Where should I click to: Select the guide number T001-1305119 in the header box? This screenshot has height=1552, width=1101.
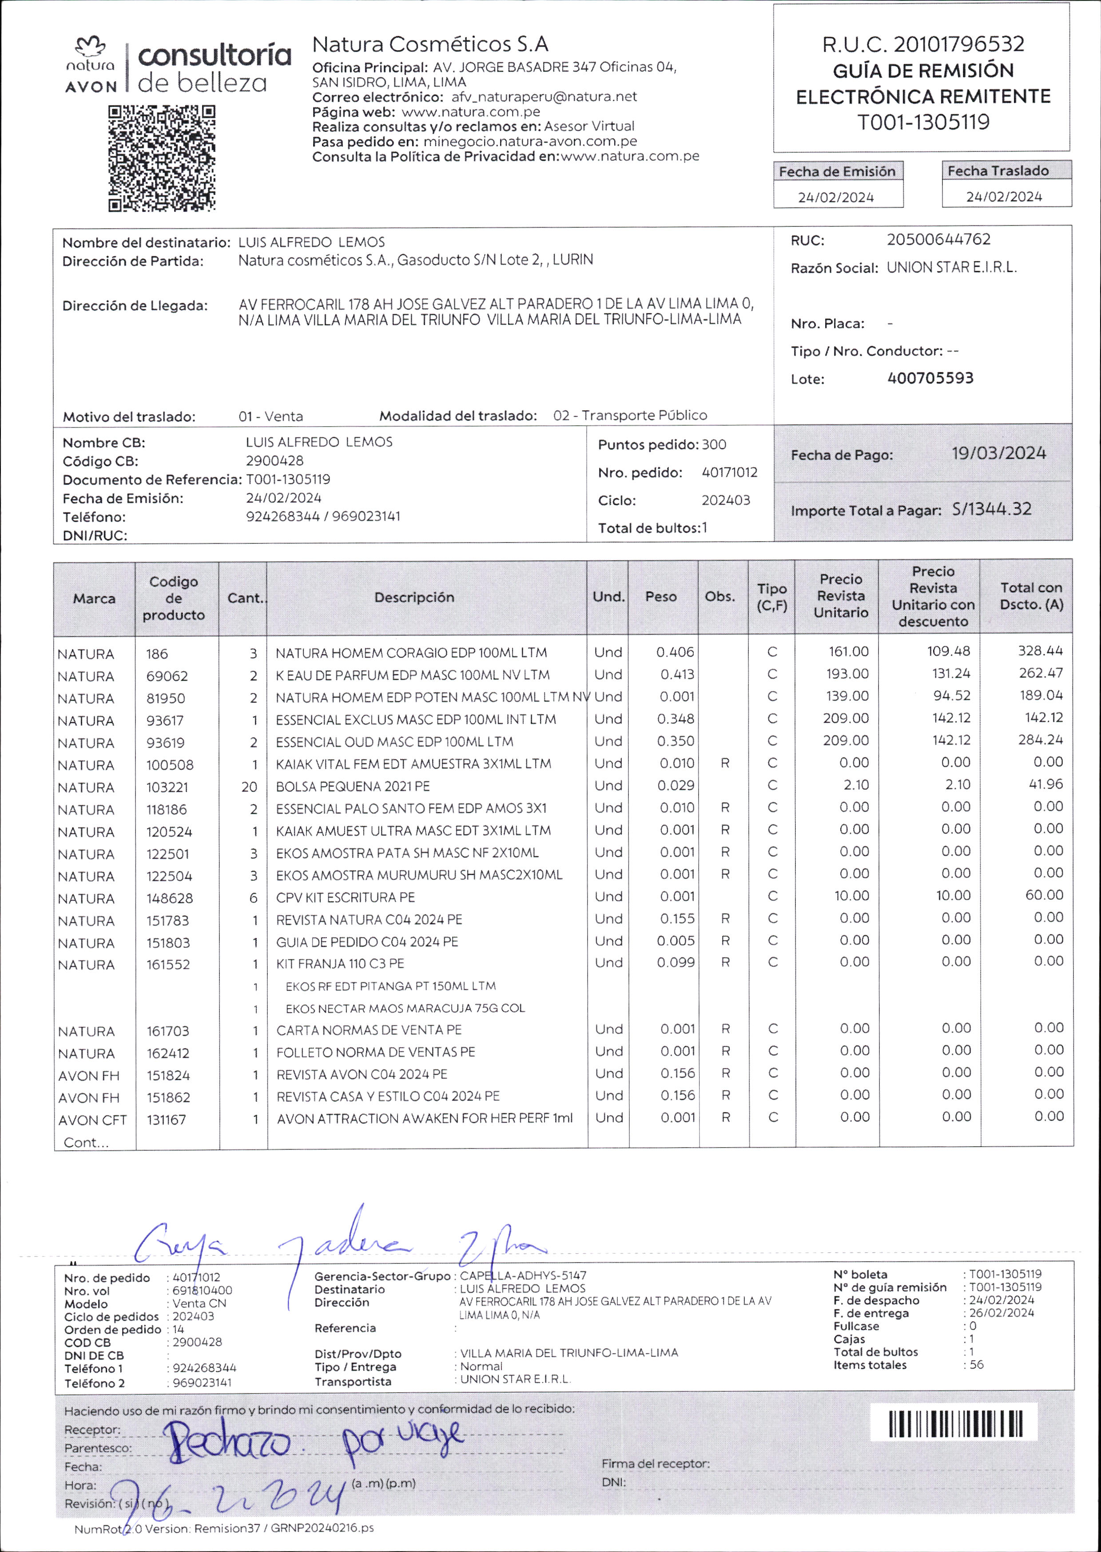(x=923, y=122)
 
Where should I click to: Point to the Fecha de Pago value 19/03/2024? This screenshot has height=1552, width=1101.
(x=998, y=453)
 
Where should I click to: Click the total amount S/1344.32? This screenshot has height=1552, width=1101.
(x=991, y=509)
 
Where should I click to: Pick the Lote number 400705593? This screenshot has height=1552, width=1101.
(x=930, y=378)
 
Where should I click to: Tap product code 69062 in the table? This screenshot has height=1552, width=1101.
(x=167, y=676)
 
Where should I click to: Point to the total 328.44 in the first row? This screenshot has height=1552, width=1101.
(x=1040, y=651)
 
